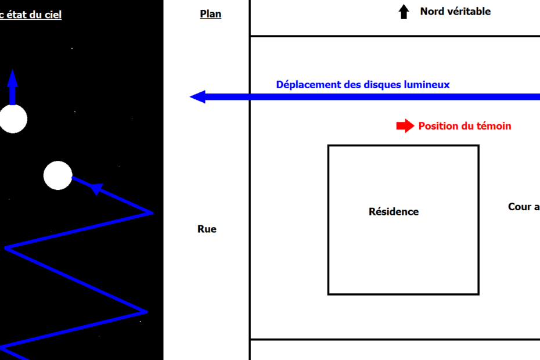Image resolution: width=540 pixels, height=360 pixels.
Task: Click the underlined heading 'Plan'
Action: click(210, 14)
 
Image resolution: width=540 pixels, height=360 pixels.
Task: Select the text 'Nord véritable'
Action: click(455, 12)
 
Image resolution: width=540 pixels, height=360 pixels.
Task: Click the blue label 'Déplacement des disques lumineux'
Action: click(363, 85)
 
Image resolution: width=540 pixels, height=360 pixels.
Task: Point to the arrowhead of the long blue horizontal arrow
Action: click(198, 97)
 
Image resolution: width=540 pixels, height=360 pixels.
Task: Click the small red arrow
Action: click(405, 126)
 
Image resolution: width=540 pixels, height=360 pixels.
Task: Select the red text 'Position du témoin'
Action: click(465, 126)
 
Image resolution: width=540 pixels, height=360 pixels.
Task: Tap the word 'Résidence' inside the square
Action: click(394, 212)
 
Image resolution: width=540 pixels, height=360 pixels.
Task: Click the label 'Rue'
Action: click(207, 229)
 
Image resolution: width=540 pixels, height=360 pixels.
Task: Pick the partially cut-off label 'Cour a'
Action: click(523, 207)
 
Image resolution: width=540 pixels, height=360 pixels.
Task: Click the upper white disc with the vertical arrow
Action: click(12, 119)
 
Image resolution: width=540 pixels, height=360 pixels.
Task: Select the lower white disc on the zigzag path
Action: click(58, 175)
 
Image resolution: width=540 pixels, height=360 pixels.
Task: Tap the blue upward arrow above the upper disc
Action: click(12, 85)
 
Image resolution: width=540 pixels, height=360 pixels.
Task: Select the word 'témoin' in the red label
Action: click(494, 126)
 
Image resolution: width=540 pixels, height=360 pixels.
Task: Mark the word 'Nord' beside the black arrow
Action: click(433, 12)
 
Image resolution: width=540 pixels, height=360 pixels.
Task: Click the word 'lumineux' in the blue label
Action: click(427, 85)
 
